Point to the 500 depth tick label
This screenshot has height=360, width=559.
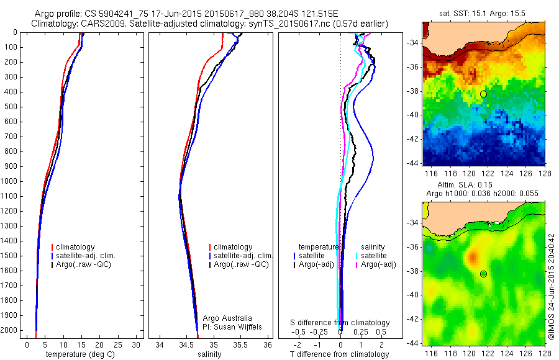(10, 107)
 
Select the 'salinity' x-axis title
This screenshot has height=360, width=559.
(210, 354)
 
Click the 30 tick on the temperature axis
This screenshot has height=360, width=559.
(137, 344)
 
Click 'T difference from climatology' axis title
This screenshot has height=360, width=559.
(340, 354)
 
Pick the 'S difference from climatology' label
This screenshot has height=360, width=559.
(340, 323)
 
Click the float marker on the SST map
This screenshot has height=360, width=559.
(483, 94)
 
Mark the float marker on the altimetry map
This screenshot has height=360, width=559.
(483, 274)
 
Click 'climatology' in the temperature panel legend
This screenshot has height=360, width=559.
(86, 247)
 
